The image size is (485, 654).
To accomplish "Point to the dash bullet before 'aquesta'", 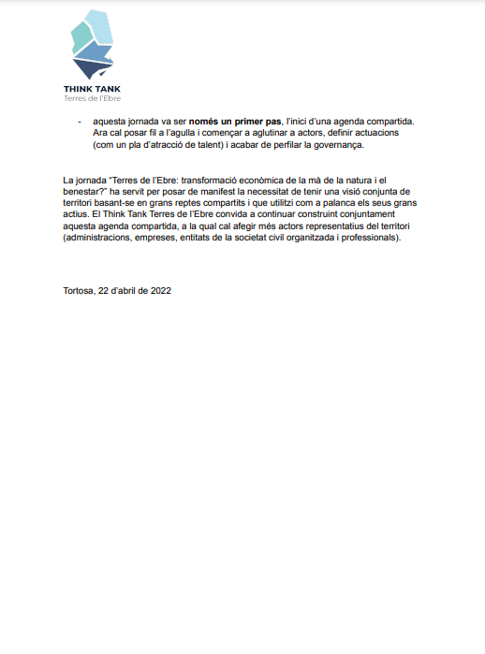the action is coord(79,122).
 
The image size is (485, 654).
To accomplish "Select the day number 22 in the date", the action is coord(104,290).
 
